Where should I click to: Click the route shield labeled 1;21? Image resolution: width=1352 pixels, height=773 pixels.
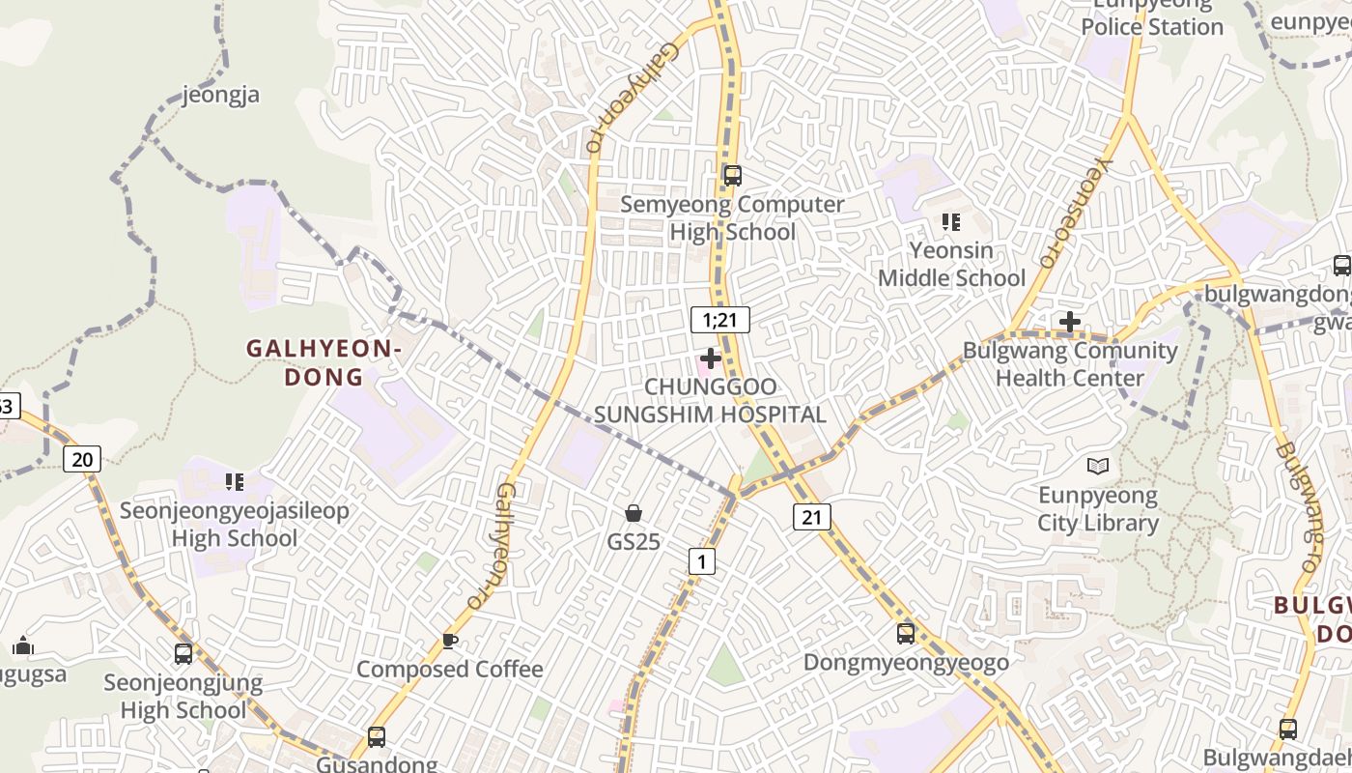pos(720,320)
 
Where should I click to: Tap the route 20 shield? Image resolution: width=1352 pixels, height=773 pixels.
pos(82,459)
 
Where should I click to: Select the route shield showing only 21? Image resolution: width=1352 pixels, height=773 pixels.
pos(811,517)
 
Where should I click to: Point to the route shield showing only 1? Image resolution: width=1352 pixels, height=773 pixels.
pos(702,560)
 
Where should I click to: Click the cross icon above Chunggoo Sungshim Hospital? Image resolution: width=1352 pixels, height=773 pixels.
pos(711,358)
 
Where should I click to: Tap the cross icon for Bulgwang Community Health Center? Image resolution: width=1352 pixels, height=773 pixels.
pos(1069,322)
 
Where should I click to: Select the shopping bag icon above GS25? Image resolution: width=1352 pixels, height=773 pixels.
pos(634,513)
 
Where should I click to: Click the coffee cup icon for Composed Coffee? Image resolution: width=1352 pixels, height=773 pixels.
pos(449,640)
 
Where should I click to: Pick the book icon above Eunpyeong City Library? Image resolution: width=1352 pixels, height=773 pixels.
pos(1098,467)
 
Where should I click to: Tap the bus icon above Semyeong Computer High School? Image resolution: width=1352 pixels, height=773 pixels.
pos(732,175)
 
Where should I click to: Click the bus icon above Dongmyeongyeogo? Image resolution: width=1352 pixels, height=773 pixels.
pos(906,634)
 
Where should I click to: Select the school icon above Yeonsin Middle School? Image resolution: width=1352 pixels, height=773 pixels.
pos(951,222)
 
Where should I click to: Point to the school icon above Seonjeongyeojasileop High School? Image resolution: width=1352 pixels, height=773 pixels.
pos(234,481)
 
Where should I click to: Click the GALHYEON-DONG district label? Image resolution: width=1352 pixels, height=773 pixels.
pos(324,362)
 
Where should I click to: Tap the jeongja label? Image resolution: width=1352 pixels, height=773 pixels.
pos(221,95)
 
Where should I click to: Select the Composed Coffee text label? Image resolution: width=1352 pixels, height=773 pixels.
pos(450,669)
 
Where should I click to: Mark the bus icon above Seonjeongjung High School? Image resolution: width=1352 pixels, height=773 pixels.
pos(183,654)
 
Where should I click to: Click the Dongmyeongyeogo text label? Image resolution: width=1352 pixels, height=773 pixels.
pos(906,662)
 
